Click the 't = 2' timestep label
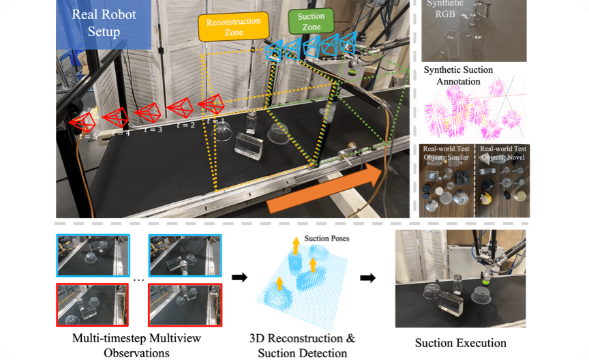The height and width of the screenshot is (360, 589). (x=185, y=125)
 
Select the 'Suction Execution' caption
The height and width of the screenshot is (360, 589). (x=461, y=343)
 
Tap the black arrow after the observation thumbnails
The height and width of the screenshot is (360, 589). (x=240, y=278)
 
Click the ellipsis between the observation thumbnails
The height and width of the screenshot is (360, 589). (x=138, y=279)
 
